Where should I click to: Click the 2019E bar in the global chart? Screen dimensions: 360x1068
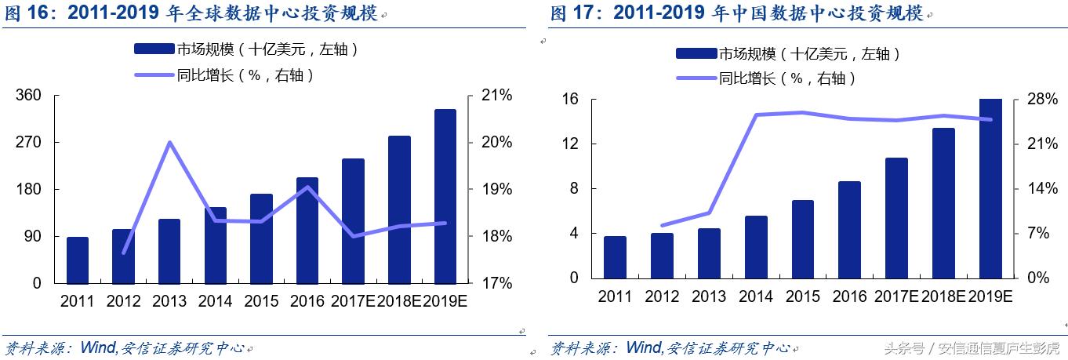[445, 196]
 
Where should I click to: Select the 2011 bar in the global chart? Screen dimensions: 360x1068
[78, 260]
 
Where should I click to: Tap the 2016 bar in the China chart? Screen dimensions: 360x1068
[849, 230]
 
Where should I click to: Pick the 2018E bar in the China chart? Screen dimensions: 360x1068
[943, 203]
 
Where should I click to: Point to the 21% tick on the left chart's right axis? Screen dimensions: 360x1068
[495, 96]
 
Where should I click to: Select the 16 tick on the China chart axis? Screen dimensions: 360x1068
[569, 100]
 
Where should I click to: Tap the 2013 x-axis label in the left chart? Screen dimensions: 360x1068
[169, 301]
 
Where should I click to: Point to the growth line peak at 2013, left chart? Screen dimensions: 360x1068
[169, 142]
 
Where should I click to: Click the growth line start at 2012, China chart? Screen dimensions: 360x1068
[662, 226]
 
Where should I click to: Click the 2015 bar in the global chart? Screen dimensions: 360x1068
[261, 238]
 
